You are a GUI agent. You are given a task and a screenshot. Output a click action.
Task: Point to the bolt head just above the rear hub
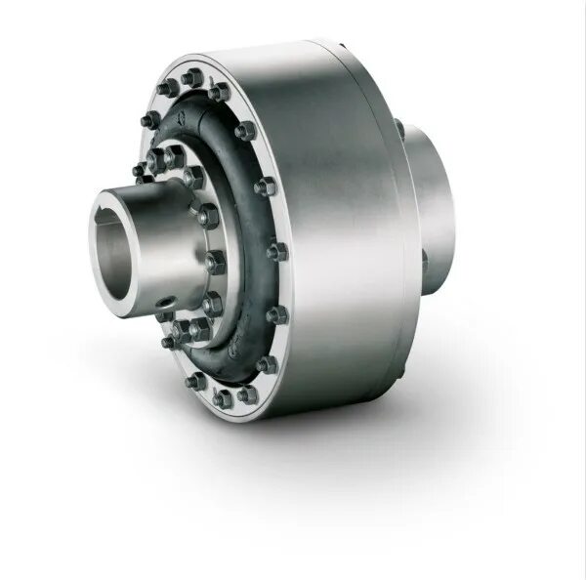coord(399,128)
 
